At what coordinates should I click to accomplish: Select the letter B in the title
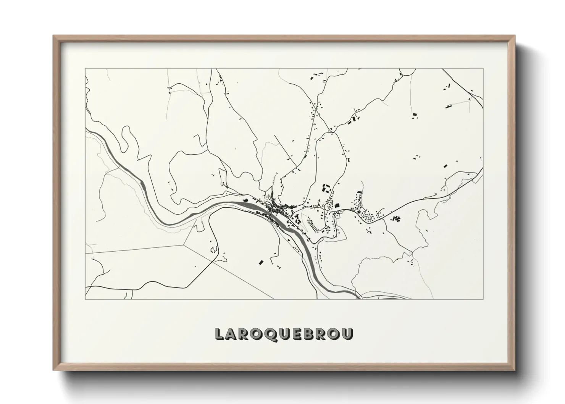[309, 333]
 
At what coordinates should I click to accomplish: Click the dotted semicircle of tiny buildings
[213, 250]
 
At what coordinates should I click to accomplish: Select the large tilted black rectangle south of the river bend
[261, 262]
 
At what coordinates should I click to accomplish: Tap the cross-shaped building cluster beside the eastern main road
[395, 219]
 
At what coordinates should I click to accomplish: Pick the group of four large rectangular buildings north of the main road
[326, 188]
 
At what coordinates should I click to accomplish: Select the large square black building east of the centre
[337, 206]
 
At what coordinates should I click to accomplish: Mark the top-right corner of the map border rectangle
[483, 69]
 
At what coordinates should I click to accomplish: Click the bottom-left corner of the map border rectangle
[85, 299]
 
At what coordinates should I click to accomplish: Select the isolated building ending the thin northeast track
[415, 114]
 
